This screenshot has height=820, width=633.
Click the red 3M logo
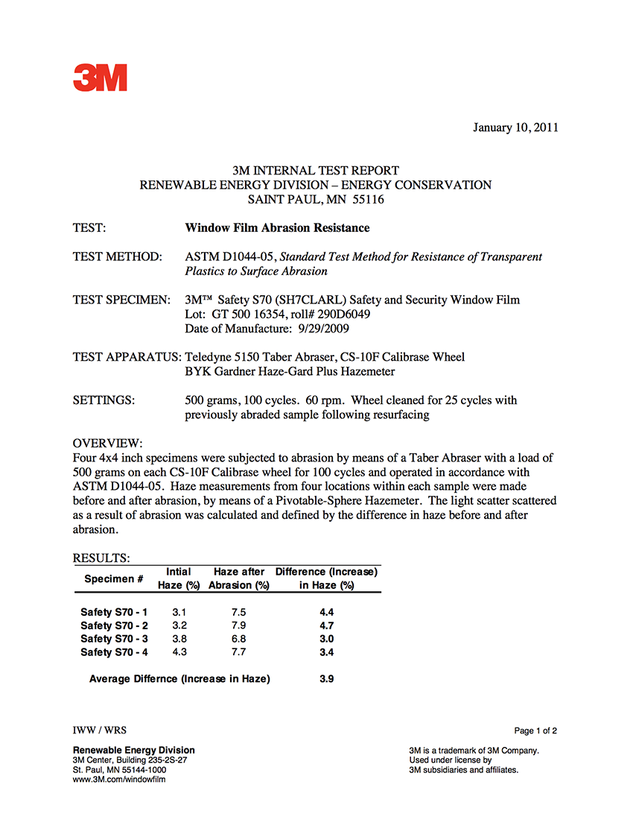(x=100, y=78)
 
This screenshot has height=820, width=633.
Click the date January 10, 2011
(x=515, y=127)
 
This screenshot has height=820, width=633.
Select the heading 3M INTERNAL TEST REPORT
(x=316, y=171)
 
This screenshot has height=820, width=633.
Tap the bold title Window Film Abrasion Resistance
(x=277, y=228)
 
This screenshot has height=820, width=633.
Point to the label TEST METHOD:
(x=117, y=257)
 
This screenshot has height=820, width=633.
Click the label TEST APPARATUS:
(x=127, y=357)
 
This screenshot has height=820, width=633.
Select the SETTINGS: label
(x=104, y=400)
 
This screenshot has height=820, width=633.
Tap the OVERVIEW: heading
(x=107, y=444)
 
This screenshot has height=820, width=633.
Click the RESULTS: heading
(x=101, y=558)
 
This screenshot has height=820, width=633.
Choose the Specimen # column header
(x=114, y=578)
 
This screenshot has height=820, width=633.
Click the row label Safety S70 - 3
(x=114, y=639)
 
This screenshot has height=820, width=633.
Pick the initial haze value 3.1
(x=179, y=612)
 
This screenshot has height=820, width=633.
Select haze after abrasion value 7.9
(x=238, y=625)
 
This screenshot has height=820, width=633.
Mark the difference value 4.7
(x=326, y=625)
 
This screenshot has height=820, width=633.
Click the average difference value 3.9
(x=326, y=679)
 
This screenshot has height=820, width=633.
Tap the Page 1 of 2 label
(x=535, y=731)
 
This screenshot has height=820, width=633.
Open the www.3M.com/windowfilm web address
(x=118, y=779)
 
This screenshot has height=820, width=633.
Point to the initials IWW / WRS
(x=94, y=730)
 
